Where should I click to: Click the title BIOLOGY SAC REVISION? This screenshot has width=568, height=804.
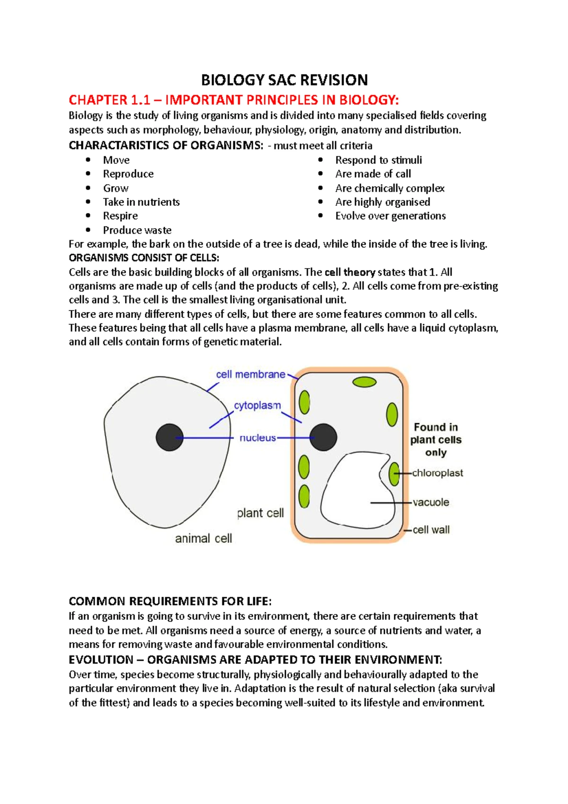coord(284,80)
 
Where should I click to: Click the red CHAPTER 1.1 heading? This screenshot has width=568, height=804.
coord(234,100)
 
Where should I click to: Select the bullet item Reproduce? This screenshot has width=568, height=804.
coord(128,174)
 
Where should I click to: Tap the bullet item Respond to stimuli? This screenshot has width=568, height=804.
coord(378,160)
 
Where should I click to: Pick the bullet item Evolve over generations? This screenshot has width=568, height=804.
coord(390,216)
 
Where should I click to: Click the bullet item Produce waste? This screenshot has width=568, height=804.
coord(137,230)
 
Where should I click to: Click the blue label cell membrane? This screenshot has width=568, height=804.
coord(250,375)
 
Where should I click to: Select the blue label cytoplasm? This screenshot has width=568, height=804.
coord(257,406)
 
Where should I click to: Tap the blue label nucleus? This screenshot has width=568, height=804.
coord(257,438)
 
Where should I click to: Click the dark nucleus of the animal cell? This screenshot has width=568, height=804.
coord(169,438)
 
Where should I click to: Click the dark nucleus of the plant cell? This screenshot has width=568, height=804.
coord(323,437)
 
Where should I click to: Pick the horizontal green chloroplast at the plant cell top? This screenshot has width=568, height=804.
coord(364,382)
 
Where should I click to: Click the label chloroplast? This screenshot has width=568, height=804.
coord(437,473)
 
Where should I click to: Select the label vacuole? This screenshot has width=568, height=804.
coord(431,502)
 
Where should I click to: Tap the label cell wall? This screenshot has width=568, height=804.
coord(431,530)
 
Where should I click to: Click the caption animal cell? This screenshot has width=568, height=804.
coord(204,538)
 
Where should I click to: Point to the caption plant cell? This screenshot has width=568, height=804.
coord(260,513)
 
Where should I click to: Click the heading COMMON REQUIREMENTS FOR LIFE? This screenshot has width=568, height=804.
coord(170,601)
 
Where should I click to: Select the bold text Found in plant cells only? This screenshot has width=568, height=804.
coord(435,440)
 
